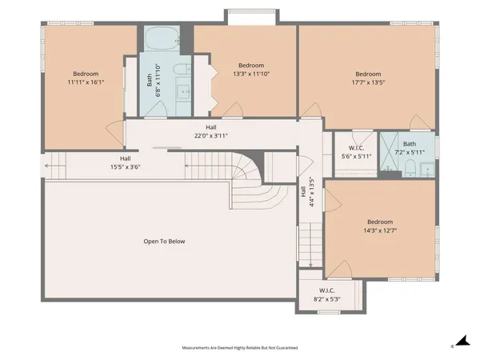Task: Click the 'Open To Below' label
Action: tap(164, 242)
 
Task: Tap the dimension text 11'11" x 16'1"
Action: tap(86, 82)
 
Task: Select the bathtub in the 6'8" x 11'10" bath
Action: tap(162, 38)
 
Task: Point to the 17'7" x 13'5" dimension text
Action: tap(368, 82)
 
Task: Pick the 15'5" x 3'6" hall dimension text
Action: tap(126, 167)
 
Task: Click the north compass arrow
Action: tap(463, 341)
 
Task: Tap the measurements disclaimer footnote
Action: tap(240, 348)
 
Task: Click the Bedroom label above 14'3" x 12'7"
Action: tap(380, 222)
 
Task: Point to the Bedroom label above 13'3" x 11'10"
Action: tap(251, 66)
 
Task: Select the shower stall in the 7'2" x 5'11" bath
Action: tap(389, 151)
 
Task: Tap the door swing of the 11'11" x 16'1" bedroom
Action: tap(115, 132)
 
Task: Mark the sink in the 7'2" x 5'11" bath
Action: tap(427, 170)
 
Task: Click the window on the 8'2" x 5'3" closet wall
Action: tap(329, 312)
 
